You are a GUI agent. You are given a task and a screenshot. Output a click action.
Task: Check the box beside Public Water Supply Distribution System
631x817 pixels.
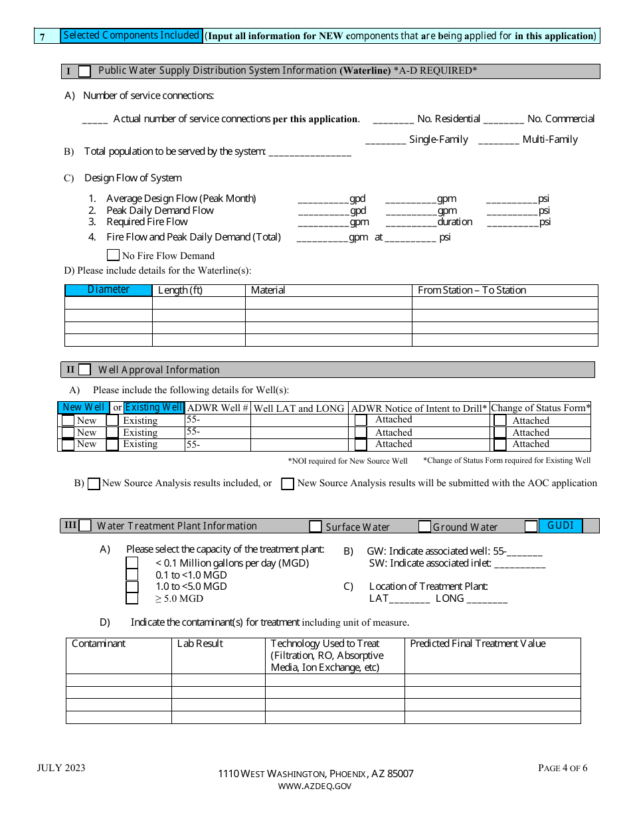[x=84, y=72]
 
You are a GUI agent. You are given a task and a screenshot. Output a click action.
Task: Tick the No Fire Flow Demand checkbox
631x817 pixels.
[x=113, y=255]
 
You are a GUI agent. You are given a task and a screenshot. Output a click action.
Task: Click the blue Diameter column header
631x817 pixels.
[x=108, y=290]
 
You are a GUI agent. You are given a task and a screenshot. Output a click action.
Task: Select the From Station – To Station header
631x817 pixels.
[x=472, y=290]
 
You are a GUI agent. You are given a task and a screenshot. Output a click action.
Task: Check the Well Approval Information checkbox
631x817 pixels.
[x=84, y=370]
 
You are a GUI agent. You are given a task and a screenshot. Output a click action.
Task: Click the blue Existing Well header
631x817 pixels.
[x=154, y=408]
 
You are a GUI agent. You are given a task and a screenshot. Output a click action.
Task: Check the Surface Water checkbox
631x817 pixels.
[x=315, y=527]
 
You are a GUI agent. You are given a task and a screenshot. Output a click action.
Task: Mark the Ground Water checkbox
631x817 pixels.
[x=424, y=527]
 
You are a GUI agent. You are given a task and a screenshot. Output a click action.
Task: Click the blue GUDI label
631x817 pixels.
[x=560, y=525]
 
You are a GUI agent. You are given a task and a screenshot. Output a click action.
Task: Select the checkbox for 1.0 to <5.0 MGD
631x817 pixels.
[x=132, y=587]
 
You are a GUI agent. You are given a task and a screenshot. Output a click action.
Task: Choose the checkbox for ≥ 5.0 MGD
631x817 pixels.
[x=132, y=598]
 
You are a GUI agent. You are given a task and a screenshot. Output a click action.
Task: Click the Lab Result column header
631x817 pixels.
[x=200, y=644]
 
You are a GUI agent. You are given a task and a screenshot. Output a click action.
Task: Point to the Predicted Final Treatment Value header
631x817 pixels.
[x=478, y=644]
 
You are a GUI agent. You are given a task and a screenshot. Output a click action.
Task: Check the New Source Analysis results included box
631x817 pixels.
[x=94, y=484]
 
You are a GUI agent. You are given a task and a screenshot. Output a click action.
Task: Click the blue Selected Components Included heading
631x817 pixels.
[x=131, y=36]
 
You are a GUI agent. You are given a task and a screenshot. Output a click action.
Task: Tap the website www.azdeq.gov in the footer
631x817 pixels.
[x=315, y=786]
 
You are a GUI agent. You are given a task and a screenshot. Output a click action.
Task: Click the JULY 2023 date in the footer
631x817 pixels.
[x=61, y=769]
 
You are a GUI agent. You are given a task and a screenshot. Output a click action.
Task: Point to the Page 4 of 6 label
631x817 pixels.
[x=562, y=769]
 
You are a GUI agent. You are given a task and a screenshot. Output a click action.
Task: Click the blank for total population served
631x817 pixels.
[x=308, y=153]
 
